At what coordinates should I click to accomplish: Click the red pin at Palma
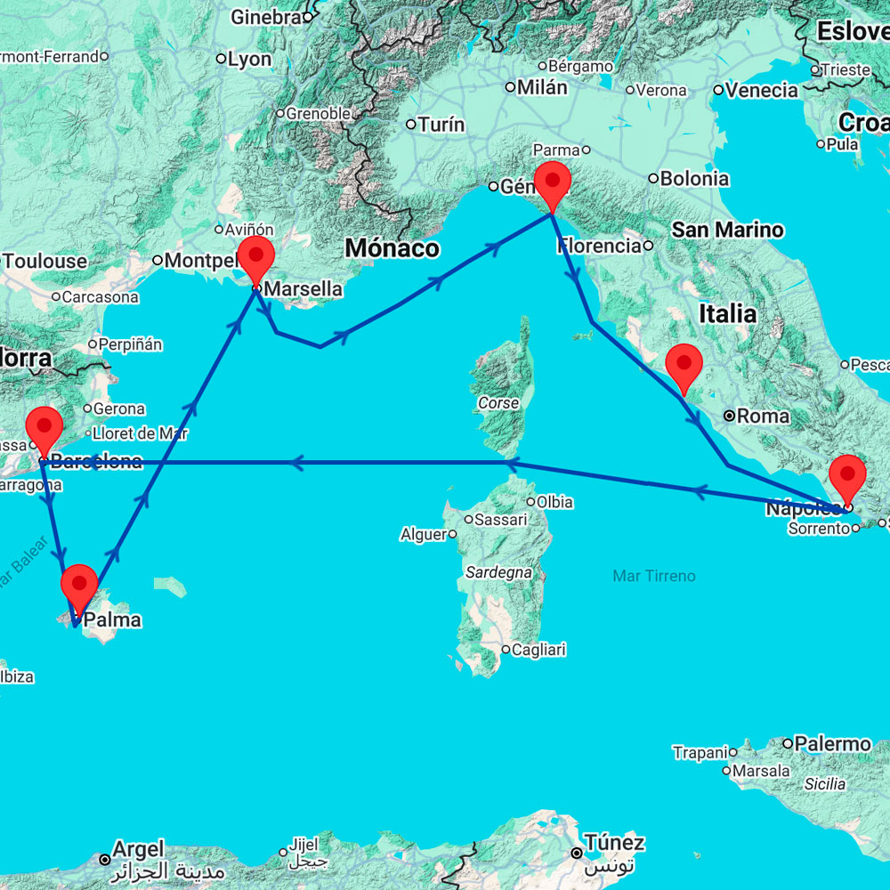[79, 586]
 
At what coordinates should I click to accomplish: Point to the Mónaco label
[392, 247]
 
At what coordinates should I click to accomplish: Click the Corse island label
[498, 403]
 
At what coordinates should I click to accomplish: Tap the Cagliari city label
[539, 650]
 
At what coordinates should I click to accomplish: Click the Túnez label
[614, 842]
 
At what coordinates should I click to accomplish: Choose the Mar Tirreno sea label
[654, 577]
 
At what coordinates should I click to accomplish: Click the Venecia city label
[762, 90]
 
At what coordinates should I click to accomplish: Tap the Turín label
[441, 125]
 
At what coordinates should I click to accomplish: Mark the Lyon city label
[249, 60]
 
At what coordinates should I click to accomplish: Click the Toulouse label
[45, 262]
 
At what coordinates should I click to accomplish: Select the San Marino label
[727, 231]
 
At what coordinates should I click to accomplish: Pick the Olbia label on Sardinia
[555, 502]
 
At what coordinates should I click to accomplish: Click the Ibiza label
[17, 676]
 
